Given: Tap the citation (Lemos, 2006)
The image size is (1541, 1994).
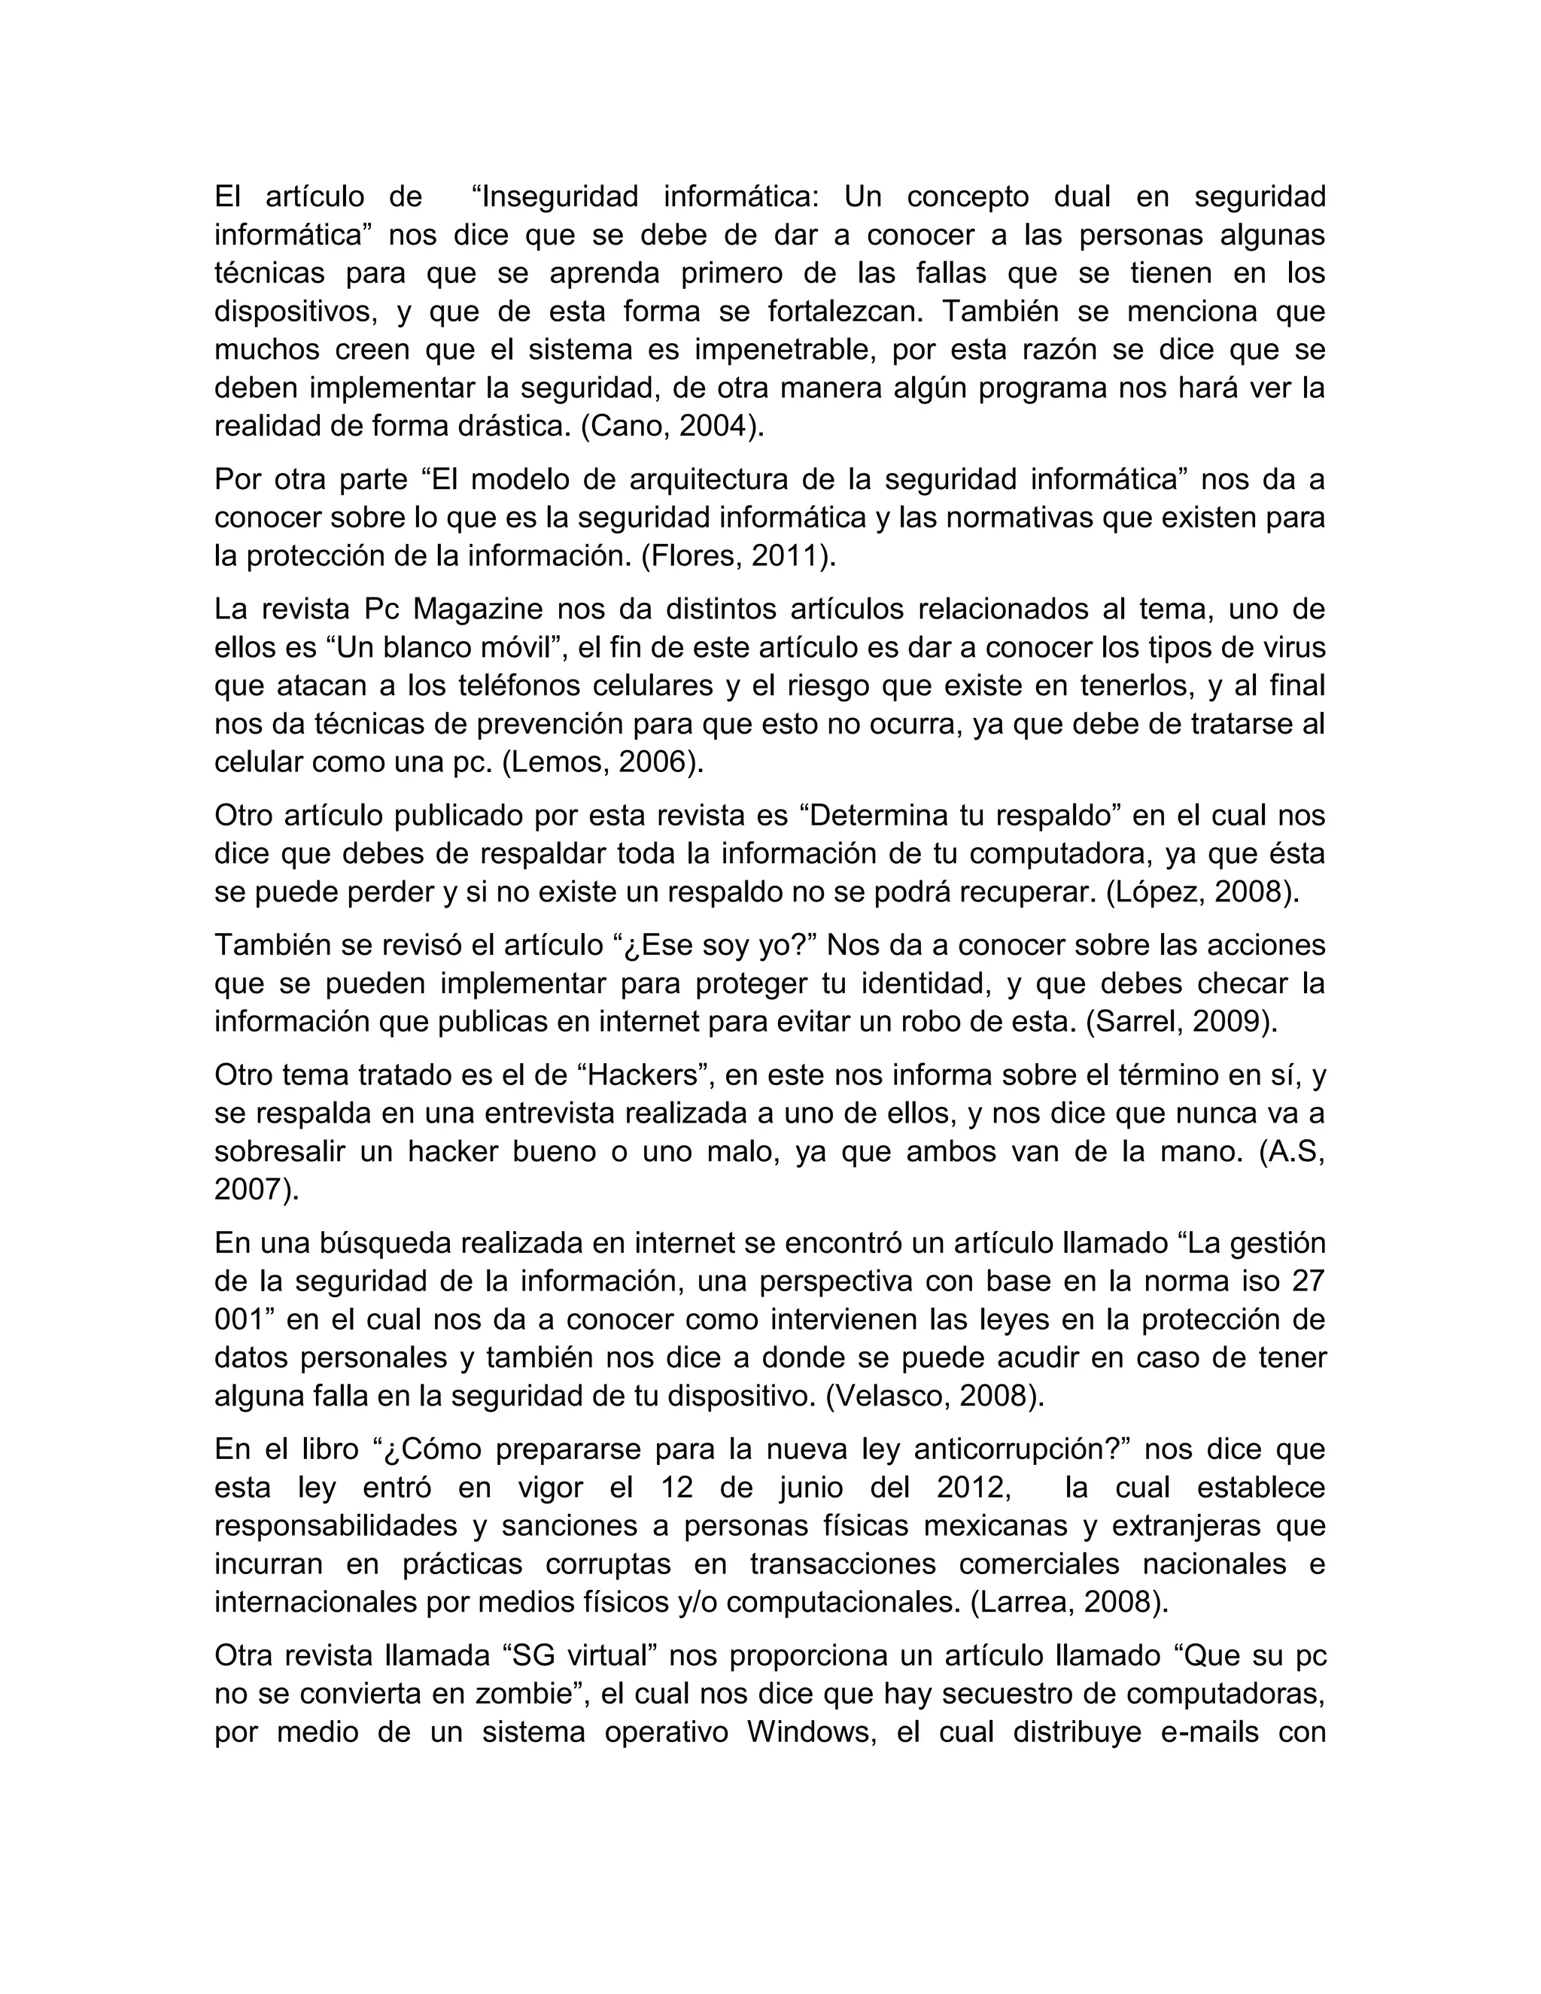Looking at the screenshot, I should pyautogui.click(x=603, y=762).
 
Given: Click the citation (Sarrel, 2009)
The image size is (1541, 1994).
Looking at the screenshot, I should pyautogui.click(x=1181, y=1022).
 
